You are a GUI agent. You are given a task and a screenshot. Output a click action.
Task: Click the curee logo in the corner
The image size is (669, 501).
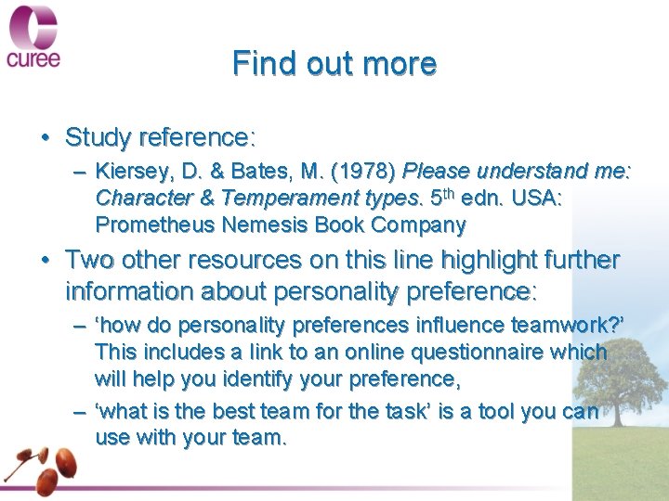coord(34,37)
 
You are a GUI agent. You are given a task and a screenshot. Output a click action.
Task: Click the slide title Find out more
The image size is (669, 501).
coord(334,64)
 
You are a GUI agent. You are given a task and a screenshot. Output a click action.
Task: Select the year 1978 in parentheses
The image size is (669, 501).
coord(372,172)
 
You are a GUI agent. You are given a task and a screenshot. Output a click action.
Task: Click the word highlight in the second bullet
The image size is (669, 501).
coord(457,261)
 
